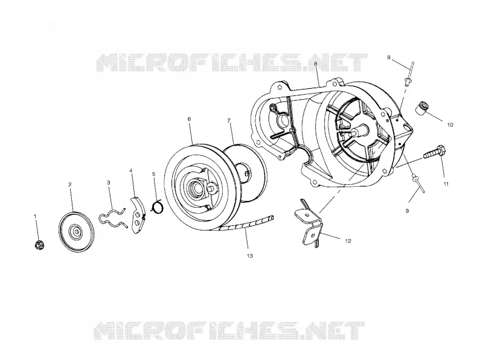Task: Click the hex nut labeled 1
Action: coord(39,245)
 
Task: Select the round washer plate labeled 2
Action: coord(76,231)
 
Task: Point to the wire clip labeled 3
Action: coord(112,217)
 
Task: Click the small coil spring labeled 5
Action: coord(158,206)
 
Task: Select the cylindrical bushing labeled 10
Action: coord(421,108)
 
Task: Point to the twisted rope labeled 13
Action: coord(246,224)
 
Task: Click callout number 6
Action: coord(189,119)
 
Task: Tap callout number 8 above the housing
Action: coord(315,64)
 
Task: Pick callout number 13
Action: coord(249,256)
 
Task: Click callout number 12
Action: coord(348,241)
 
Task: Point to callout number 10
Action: coord(450,125)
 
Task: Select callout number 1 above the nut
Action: coord(35,216)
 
